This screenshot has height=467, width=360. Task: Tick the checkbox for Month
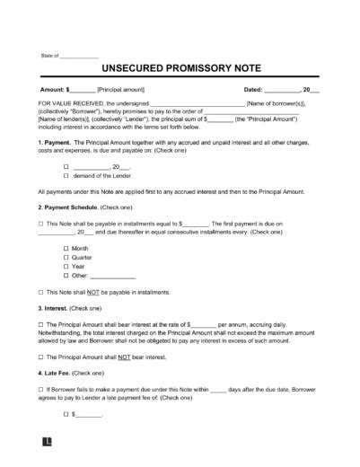pyautogui.click(x=66, y=247)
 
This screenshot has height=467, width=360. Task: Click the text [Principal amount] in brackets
pyautogui.click(x=127, y=90)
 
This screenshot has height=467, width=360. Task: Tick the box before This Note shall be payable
pyautogui.click(x=41, y=223)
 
